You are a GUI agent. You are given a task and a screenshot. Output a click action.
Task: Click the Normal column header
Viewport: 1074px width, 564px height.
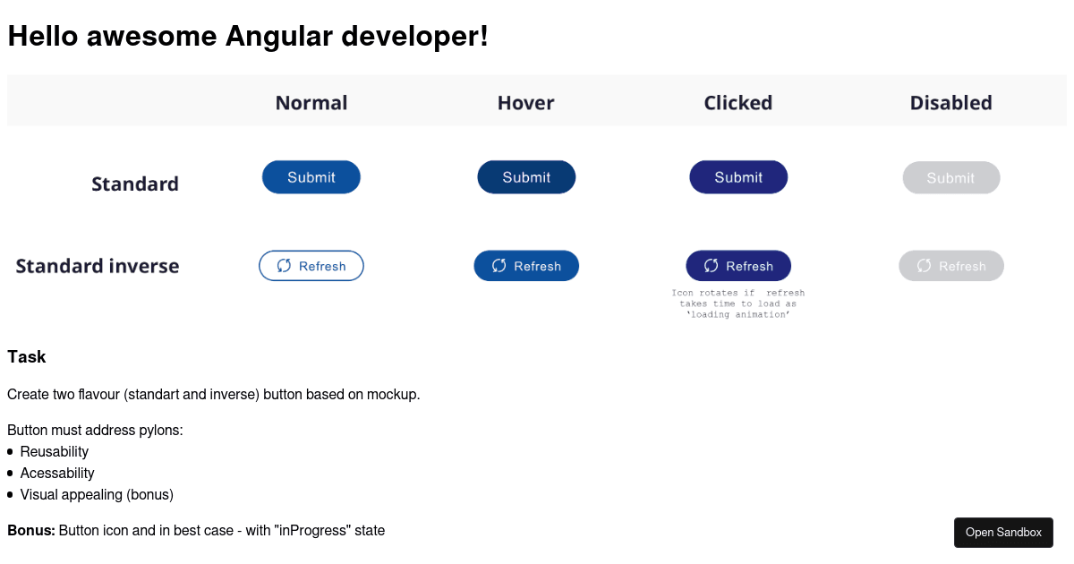(x=311, y=103)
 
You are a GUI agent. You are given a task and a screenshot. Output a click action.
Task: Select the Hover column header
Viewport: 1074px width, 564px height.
(x=525, y=103)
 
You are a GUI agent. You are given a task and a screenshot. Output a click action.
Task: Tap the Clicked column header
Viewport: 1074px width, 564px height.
(x=737, y=103)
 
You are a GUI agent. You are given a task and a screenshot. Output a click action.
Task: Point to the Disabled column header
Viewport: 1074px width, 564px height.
(x=950, y=103)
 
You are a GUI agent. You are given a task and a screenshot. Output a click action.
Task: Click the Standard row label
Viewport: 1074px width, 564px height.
(x=135, y=184)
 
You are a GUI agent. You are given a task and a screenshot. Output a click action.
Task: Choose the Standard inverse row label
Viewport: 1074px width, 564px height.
(x=98, y=266)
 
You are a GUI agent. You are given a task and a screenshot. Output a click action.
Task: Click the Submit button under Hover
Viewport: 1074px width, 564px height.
(x=526, y=177)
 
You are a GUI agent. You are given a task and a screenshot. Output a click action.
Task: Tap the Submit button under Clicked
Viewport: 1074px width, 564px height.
(x=738, y=177)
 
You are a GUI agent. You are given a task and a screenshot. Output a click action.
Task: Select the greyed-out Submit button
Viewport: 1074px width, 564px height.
(x=950, y=178)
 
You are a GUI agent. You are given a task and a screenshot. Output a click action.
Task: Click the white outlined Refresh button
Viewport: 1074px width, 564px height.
(x=311, y=266)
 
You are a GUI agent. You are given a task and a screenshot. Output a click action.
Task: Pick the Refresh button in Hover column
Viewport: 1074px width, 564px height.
(x=526, y=266)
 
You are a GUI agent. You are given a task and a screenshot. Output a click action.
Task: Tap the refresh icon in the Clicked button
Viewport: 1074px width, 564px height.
(x=712, y=266)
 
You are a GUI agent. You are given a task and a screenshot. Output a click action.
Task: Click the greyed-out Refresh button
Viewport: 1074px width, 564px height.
(x=950, y=266)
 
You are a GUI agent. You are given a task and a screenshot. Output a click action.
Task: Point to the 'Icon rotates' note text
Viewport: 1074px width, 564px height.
(x=738, y=303)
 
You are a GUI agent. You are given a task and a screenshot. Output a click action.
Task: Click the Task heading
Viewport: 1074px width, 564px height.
(x=27, y=357)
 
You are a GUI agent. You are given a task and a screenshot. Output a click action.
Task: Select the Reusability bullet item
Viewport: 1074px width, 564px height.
(x=55, y=451)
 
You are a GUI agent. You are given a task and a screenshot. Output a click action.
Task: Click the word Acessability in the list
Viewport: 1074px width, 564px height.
(x=57, y=473)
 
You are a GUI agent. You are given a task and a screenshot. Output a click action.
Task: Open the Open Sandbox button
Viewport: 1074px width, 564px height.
(x=1003, y=533)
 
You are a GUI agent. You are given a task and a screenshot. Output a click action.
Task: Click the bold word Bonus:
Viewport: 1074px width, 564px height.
(x=31, y=530)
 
